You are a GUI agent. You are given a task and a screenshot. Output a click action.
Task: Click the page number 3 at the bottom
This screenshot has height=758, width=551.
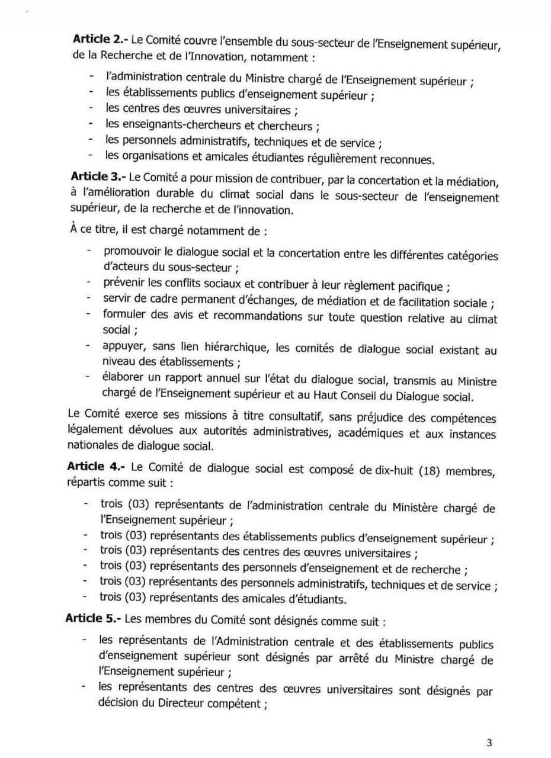pyautogui.click(x=489, y=743)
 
